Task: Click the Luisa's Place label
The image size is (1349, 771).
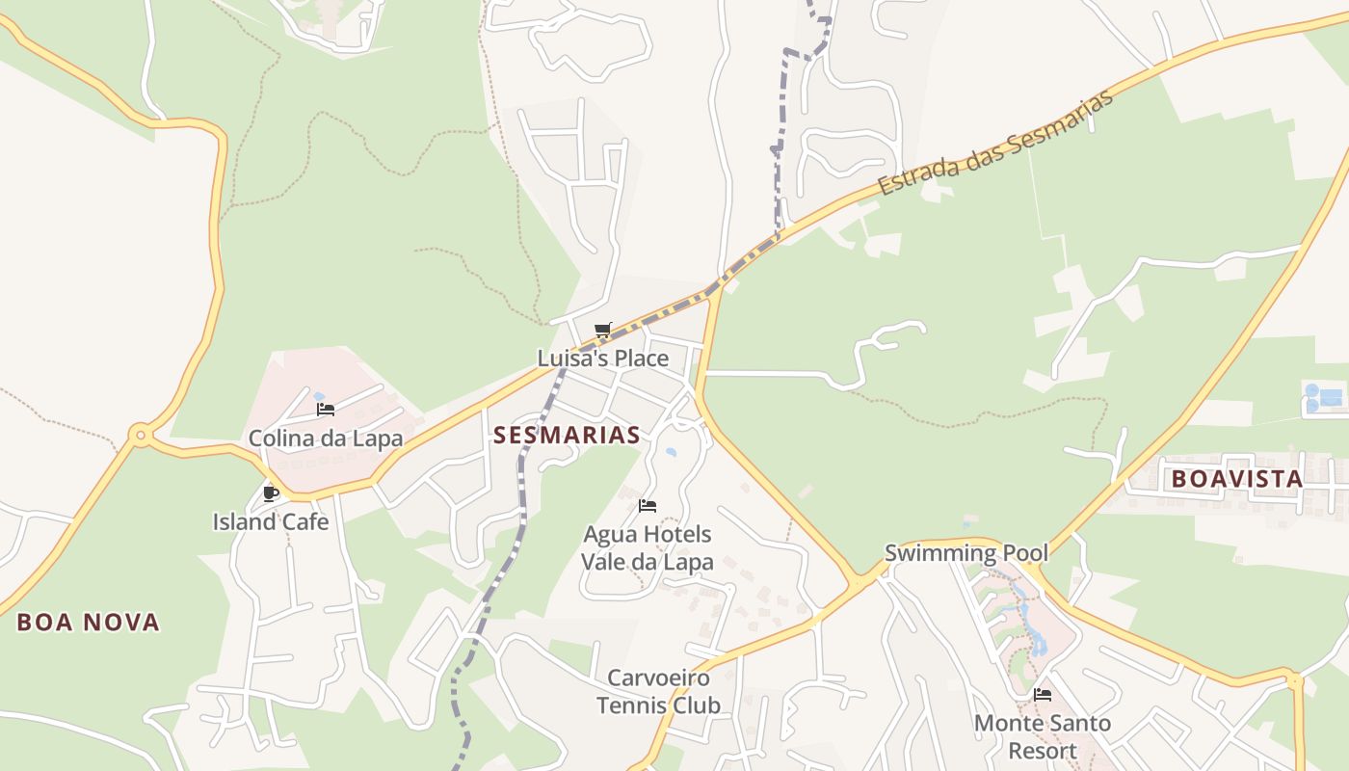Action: (x=602, y=359)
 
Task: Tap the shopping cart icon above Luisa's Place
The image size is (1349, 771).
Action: (x=603, y=331)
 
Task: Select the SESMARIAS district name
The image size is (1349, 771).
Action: (x=567, y=435)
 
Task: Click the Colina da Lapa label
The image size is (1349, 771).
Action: (x=326, y=439)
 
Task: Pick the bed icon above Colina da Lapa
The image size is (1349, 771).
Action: (x=326, y=410)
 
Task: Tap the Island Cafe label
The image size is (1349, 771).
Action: (x=271, y=522)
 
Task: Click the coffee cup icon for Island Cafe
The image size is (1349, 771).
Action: (x=271, y=493)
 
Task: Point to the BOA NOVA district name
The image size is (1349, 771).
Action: (x=89, y=623)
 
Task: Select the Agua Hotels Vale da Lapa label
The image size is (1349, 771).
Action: (x=648, y=547)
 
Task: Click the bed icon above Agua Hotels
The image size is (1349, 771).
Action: (x=648, y=505)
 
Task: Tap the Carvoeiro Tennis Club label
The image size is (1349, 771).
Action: (x=658, y=692)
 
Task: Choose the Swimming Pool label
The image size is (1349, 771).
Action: (x=966, y=553)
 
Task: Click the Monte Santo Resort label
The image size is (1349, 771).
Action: (x=1043, y=736)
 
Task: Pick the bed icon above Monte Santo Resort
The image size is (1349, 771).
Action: (x=1043, y=694)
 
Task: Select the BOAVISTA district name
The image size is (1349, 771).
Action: (x=1237, y=478)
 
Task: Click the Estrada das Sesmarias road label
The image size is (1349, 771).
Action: (x=996, y=143)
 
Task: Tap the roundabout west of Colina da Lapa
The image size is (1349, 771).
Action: (x=141, y=436)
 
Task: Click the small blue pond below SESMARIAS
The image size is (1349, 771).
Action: (x=671, y=451)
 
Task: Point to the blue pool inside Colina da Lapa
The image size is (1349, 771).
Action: (x=319, y=395)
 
